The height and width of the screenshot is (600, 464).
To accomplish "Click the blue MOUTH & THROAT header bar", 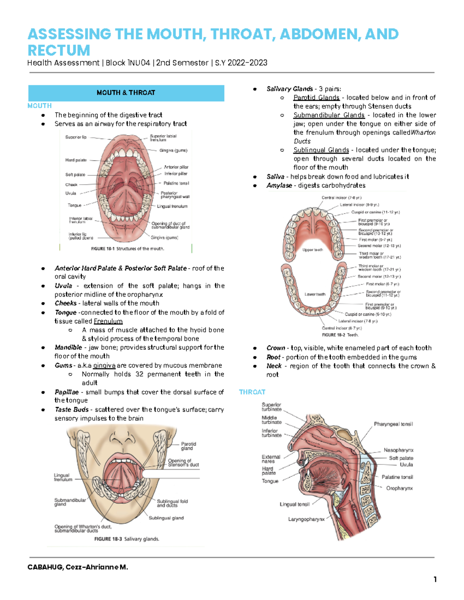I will pyautogui.click(x=126, y=93).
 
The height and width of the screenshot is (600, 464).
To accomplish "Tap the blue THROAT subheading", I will pyautogui.click(x=252, y=392).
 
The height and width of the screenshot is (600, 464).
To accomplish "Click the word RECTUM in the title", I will pyautogui.click(x=59, y=50).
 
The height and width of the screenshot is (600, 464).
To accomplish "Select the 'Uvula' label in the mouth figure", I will pyautogui.click(x=71, y=193).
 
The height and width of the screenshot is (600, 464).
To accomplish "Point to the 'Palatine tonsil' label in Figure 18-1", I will pyautogui.click(x=176, y=183).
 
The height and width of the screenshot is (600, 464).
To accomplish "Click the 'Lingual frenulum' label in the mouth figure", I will pyautogui.click(x=172, y=206).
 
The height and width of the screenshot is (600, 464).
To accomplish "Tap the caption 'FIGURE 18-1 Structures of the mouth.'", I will pyautogui.click(x=128, y=249).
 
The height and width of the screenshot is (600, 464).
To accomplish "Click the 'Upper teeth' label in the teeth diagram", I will pyautogui.click(x=312, y=250).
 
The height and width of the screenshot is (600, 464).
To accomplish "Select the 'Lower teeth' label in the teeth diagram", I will pyautogui.click(x=315, y=294).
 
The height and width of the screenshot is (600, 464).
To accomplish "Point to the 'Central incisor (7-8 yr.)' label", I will pyautogui.click(x=341, y=198).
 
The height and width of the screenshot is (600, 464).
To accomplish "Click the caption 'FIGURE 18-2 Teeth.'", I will pyautogui.click(x=340, y=335).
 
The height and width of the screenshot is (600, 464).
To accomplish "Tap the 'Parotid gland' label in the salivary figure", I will pyautogui.click(x=189, y=446).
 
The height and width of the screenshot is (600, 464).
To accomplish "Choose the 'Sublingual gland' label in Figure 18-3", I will pyautogui.click(x=166, y=518).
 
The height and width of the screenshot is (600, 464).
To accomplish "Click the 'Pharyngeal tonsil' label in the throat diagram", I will pyautogui.click(x=393, y=424).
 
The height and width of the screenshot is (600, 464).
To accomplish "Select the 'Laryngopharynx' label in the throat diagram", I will pyautogui.click(x=306, y=519).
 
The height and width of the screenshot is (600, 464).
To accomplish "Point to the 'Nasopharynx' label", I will pyautogui.click(x=399, y=450).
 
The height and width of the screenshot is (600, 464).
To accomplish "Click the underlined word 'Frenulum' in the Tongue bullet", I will pyautogui.click(x=108, y=321).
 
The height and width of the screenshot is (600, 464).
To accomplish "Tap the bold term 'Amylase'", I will pyautogui.click(x=279, y=185).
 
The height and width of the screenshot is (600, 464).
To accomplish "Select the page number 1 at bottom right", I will pyautogui.click(x=435, y=579).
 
